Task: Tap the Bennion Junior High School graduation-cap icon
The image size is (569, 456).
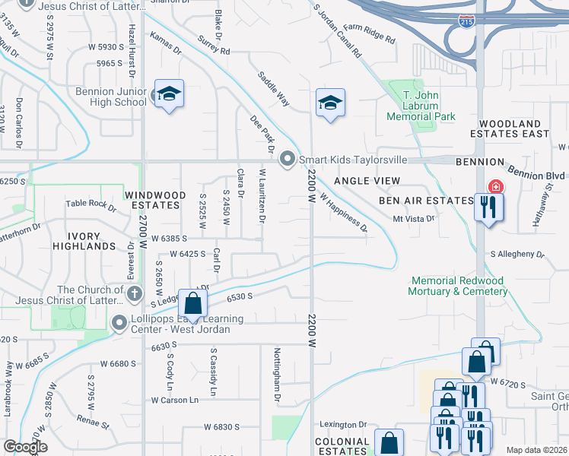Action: [170, 94]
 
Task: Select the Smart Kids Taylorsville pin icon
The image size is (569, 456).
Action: [288, 160]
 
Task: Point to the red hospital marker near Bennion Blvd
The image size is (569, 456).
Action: [494, 187]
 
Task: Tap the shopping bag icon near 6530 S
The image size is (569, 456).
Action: [193, 303]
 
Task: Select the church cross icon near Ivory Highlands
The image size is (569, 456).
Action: [134, 294]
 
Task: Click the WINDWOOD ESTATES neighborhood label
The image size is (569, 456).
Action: [156, 200]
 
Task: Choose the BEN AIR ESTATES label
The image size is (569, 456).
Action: [426, 201]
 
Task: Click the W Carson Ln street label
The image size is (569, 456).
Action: [174, 400]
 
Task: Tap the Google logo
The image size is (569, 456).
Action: [26, 447]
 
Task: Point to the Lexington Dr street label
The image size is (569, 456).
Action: [342, 424]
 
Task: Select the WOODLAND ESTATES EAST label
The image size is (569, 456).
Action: [514, 128]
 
